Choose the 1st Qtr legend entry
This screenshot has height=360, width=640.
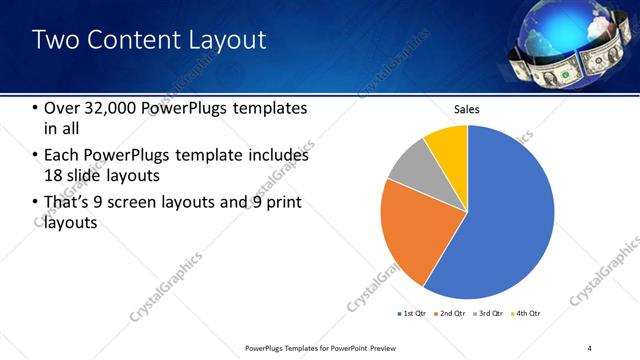[x=411, y=314]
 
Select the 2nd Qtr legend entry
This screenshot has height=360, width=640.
[x=450, y=314]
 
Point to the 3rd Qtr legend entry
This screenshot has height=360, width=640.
[x=488, y=314]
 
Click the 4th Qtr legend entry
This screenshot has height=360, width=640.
[x=526, y=314]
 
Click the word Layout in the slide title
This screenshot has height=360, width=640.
[x=229, y=40]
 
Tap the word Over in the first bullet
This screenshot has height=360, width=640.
[x=63, y=108]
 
